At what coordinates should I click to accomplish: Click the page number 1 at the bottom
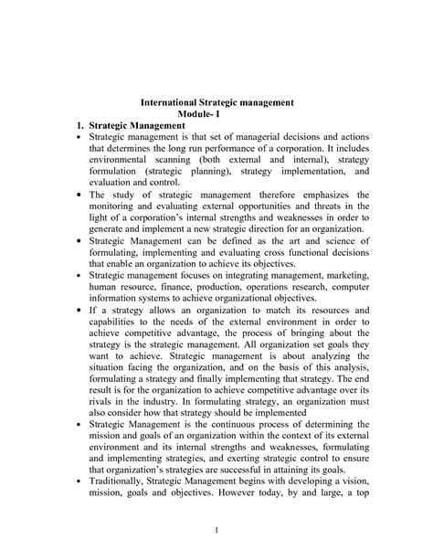[x=217, y=532]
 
